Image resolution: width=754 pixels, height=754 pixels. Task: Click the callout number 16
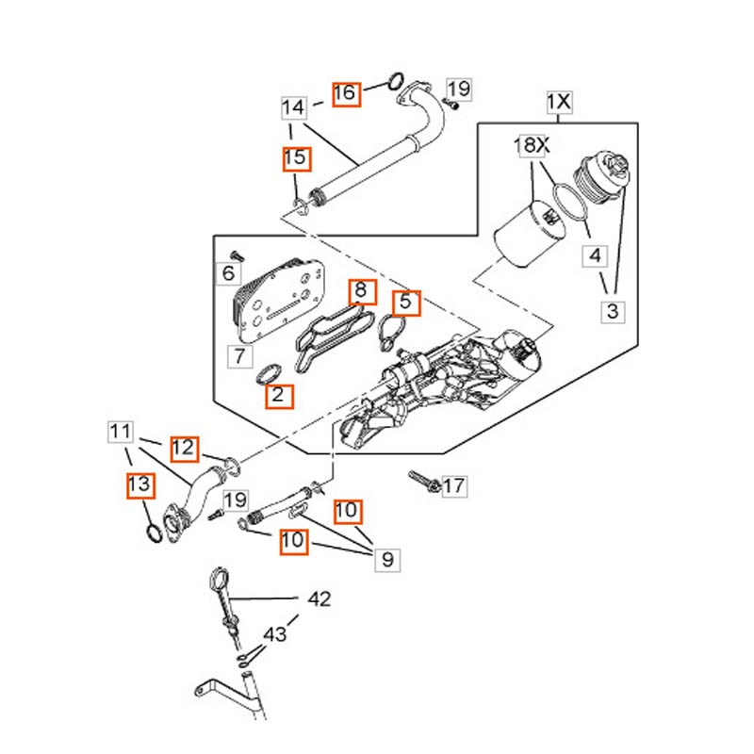tap(345, 93)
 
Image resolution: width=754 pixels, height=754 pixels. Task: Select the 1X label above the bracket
tap(559, 102)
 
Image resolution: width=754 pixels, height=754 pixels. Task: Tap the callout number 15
tap(296, 158)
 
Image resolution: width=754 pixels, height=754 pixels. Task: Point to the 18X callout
tap(532, 145)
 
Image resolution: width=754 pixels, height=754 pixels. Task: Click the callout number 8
tap(363, 291)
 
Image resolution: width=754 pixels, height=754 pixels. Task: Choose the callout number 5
tap(406, 303)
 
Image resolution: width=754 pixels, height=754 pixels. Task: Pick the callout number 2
tap(279, 396)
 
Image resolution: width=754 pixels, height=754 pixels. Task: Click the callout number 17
tap(454, 485)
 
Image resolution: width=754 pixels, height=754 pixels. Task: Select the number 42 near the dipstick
tap(320, 599)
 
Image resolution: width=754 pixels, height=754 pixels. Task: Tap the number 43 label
tap(275, 634)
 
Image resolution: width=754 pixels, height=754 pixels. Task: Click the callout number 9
tap(387, 560)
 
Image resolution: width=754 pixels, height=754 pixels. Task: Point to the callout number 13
tap(140, 485)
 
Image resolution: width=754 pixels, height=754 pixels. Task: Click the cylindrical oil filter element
tap(530, 234)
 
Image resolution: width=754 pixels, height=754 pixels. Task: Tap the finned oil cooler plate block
tap(278, 299)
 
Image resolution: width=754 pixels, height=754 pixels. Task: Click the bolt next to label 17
tap(423, 481)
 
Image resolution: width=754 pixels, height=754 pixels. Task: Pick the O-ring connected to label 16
tap(395, 81)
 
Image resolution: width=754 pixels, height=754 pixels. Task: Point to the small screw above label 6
tap(238, 255)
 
